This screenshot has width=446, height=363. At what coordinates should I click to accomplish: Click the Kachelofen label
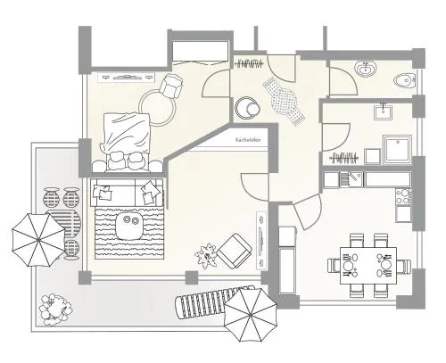[248, 140]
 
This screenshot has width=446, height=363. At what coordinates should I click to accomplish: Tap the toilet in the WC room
[404, 80]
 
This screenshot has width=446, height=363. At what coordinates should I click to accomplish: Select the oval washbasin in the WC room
[366, 69]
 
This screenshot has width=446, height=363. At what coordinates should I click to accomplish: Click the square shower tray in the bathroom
[397, 149]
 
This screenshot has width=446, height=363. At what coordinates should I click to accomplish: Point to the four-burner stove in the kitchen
[403, 196]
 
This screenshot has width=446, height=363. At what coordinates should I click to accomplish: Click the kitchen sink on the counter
[351, 179]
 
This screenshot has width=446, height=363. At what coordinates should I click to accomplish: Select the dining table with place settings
[368, 266]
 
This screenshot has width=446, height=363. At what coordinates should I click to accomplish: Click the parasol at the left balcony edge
[38, 240]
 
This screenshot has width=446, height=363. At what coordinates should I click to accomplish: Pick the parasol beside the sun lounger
[250, 315]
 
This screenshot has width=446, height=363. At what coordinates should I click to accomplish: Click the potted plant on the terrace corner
[56, 309]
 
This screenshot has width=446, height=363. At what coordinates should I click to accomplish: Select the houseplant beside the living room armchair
[206, 256]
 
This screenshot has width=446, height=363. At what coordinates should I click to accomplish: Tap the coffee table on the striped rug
[129, 226]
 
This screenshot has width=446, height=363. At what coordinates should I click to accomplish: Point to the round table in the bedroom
[158, 108]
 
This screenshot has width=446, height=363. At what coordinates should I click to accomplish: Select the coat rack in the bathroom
[344, 158]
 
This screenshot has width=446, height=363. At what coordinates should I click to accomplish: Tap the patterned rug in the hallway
[284, 101]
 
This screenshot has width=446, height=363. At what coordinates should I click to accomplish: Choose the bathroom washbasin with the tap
[384, 111]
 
